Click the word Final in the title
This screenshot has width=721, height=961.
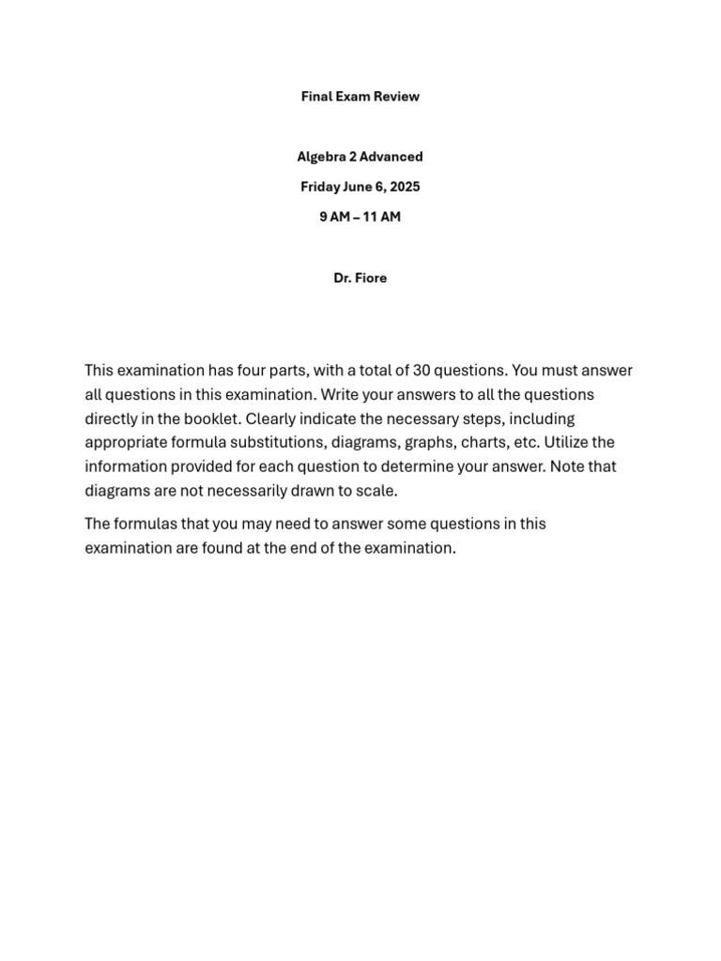pos(316,97)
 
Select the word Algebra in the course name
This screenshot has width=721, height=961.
pos(320,157)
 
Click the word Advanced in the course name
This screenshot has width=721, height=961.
pos(391,157)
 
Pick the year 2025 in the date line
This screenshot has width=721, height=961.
pos(405,187)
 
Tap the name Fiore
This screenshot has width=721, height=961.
pos(370,278)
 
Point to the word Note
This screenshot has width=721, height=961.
pos(569,466)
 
